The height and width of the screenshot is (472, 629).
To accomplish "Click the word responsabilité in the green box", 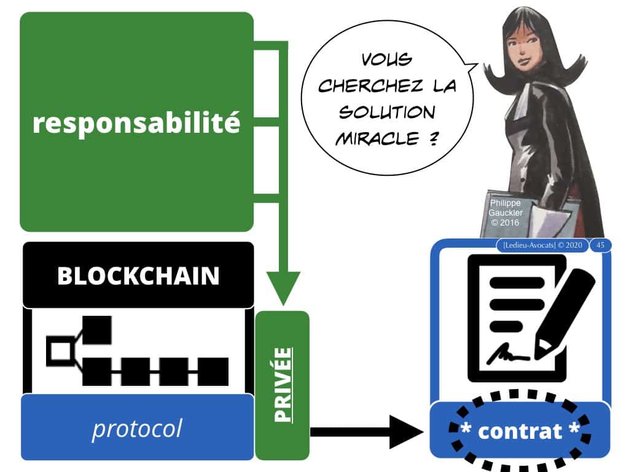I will click(136, 123).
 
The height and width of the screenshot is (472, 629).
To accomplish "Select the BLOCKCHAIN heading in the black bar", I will click(138, 276).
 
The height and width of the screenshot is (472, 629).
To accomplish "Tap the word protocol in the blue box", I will click(137, 428).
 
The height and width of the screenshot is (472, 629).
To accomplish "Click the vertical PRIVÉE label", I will click(282, 385).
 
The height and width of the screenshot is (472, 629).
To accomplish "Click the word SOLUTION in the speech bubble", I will click(388, 113).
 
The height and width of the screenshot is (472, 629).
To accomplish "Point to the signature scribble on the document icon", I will click(510, 355).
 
